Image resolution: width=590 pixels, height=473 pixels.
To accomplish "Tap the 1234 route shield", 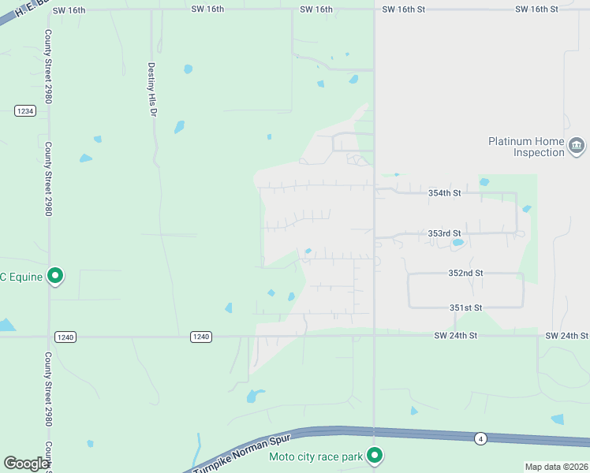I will pos(25,111).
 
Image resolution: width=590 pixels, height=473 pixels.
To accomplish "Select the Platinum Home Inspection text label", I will pos(526,147).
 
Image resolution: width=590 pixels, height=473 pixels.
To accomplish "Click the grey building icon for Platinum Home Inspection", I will pos(577,146).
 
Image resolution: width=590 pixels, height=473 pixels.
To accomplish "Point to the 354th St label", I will pos(444,192).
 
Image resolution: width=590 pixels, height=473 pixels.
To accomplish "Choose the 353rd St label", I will pos(444,233).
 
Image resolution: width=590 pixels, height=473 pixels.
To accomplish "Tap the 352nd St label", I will pos(465,273).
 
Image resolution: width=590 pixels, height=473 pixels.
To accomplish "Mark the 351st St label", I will pos(465,307).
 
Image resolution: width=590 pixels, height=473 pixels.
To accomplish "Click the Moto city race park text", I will pos(316,456).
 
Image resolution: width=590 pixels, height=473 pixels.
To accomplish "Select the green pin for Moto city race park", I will pos(375,455).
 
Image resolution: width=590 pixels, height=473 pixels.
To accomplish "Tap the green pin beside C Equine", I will pos(55,276).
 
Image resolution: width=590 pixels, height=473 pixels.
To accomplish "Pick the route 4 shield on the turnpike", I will pos(480,438).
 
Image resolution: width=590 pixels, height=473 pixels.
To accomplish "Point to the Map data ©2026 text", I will pos(556,467).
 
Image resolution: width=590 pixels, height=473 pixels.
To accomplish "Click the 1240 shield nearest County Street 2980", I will pos(65,337).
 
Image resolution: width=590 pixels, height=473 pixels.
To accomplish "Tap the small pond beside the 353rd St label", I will pos(457,244).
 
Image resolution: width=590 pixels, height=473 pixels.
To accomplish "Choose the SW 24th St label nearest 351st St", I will pos(456,336).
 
